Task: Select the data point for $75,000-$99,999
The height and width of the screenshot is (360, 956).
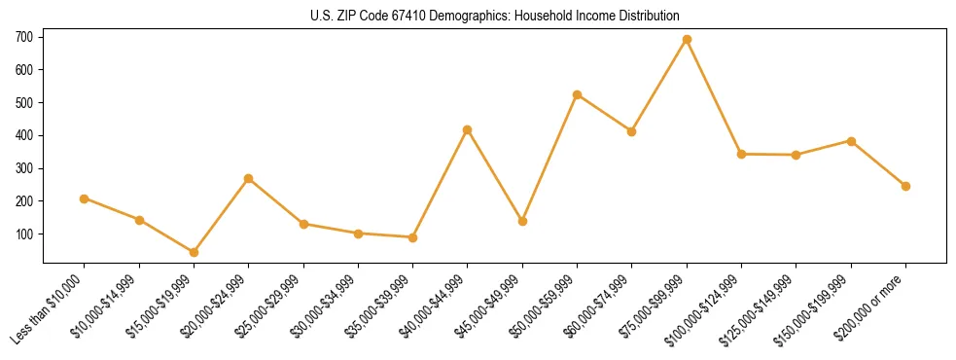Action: (x=687, y=40)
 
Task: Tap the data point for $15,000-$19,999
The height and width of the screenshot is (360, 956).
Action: (x=194, y=252)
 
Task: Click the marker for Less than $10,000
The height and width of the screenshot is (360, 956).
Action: (x=85, y=198)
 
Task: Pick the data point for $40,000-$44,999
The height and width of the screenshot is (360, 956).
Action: (x=468, y=129)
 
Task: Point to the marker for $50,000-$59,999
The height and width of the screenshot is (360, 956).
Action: (x=578, y=94)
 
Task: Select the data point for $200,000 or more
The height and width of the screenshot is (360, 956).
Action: (x=905, y=186)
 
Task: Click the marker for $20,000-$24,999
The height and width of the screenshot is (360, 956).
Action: (x=249, y=179)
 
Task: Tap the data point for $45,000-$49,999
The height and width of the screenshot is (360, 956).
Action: (x=522, y=221)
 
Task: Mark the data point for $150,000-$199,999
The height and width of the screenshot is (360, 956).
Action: (x=851, y=141)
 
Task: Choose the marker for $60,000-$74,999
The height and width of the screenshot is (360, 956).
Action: (x=632, y=131)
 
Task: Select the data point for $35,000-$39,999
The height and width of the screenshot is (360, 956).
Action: (x=413, y=237)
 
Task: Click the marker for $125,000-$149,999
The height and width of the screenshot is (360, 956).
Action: (x=797, y=155)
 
